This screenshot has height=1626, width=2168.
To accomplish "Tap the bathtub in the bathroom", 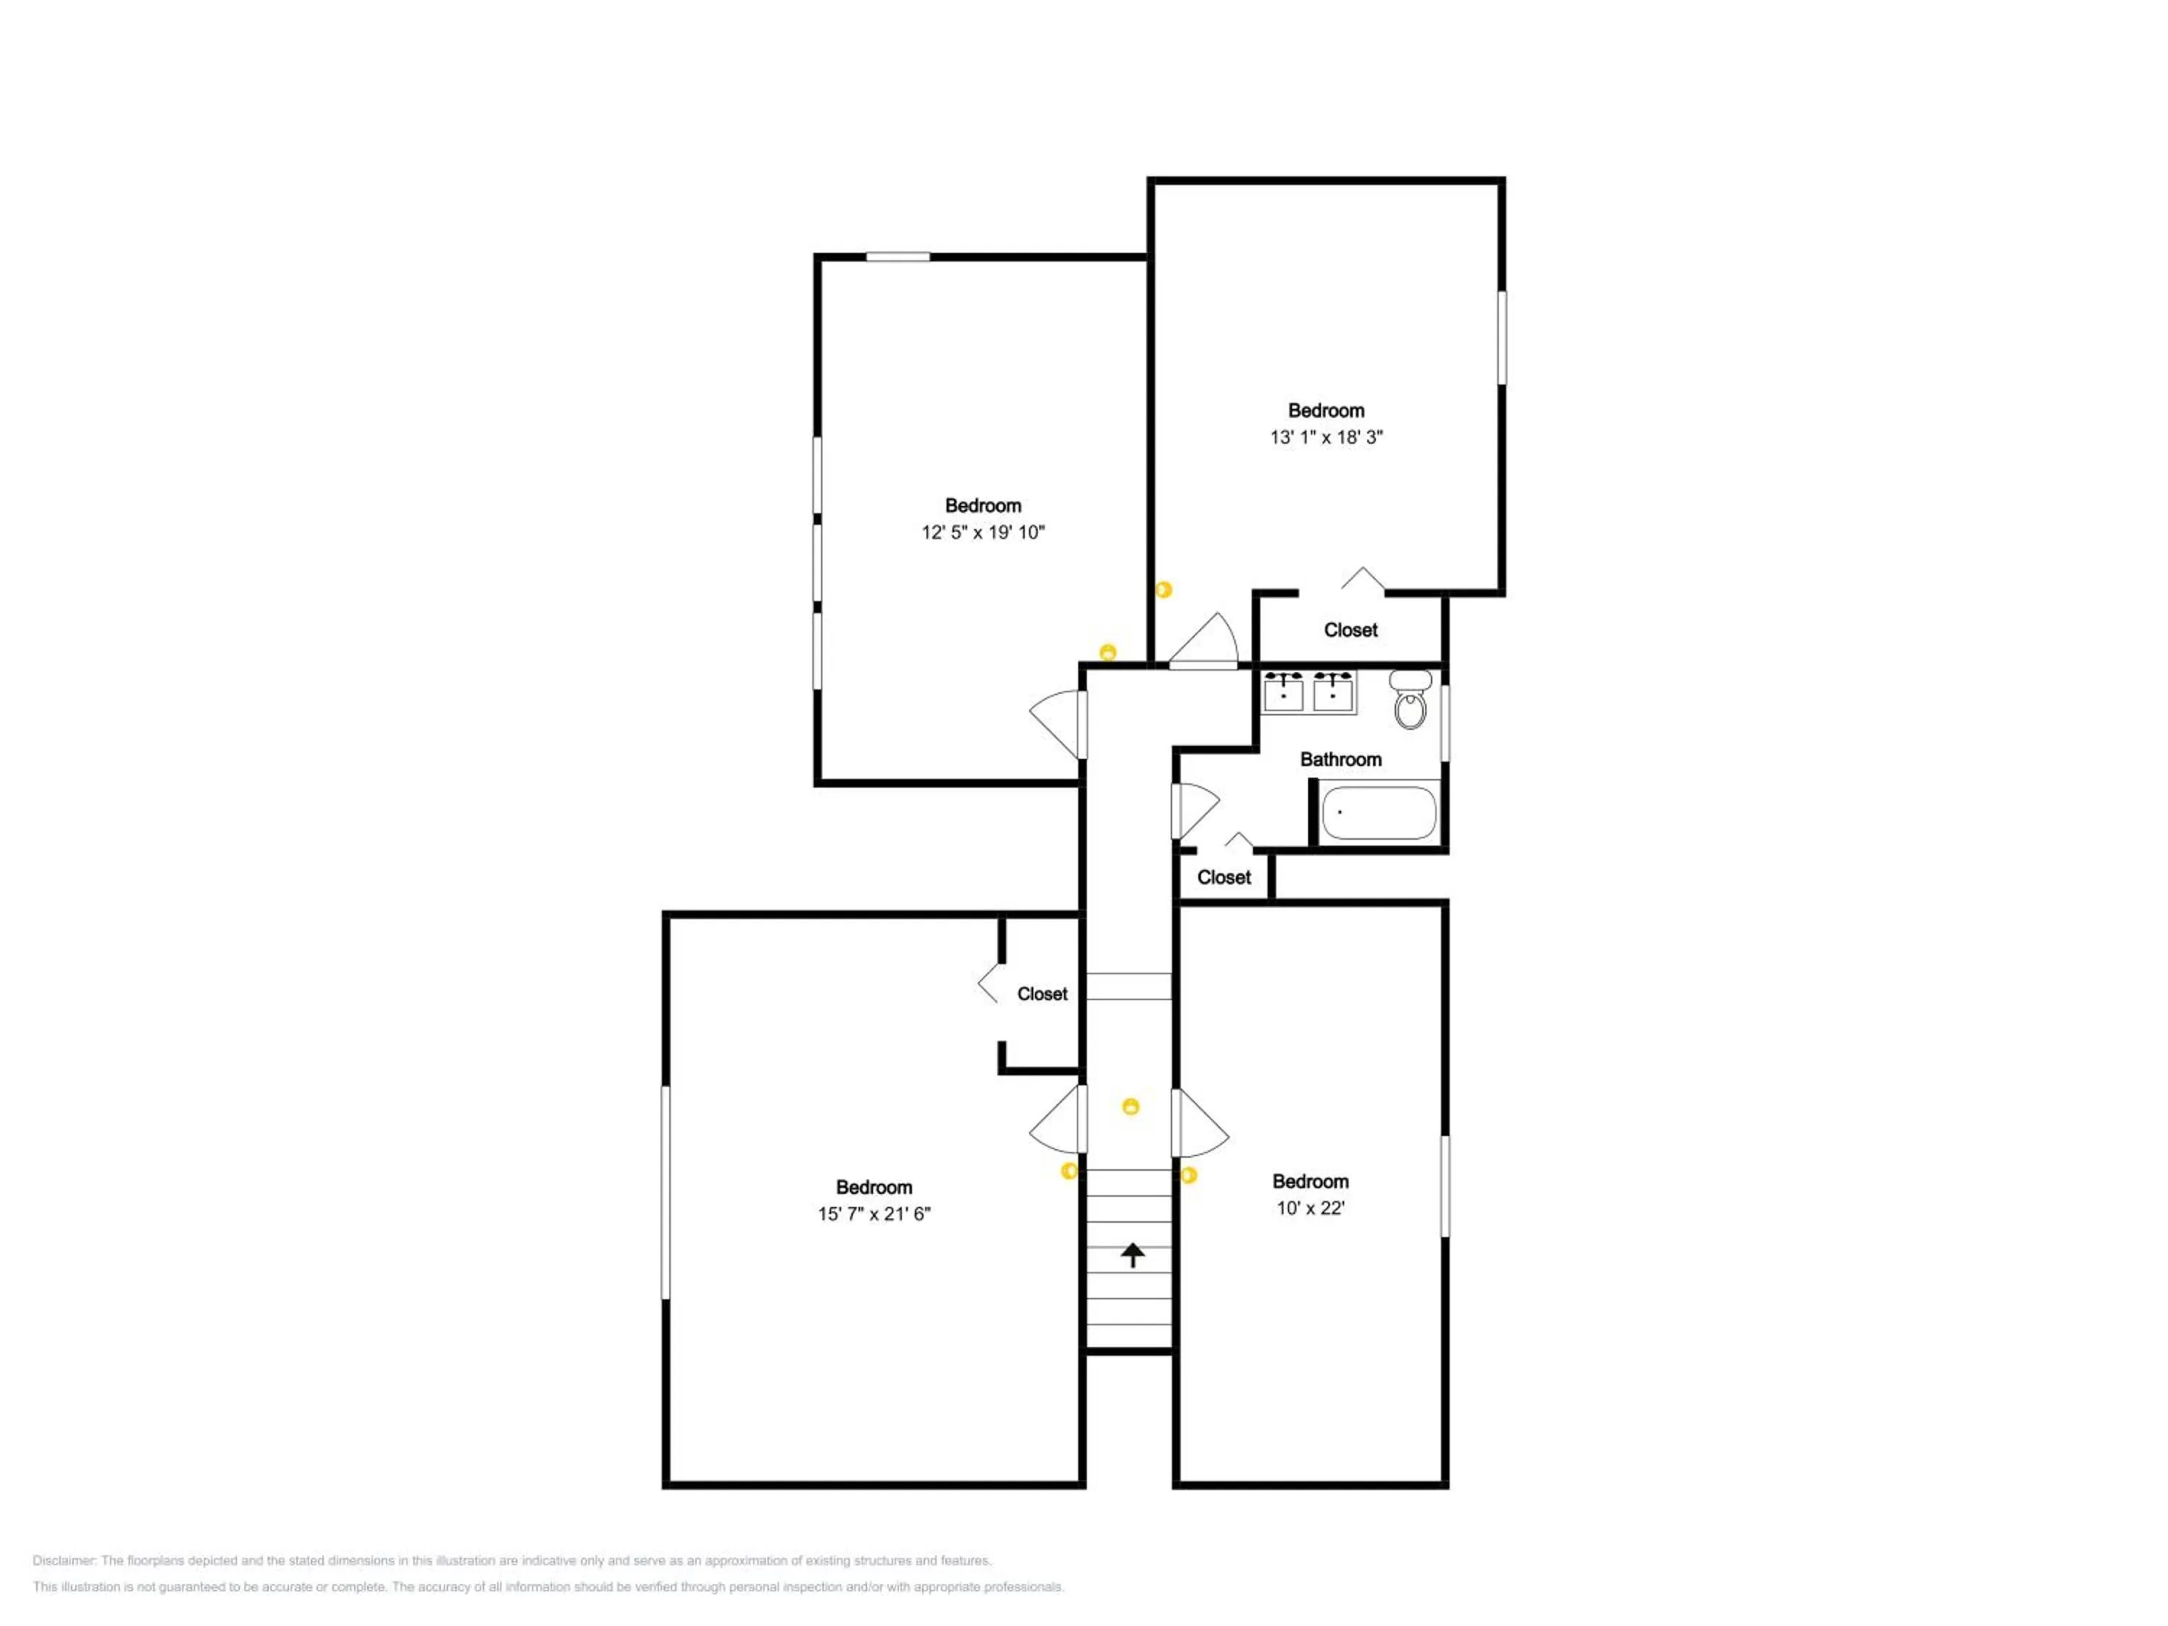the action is pos(1378,812).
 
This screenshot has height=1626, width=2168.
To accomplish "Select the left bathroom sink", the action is pos(1283,693).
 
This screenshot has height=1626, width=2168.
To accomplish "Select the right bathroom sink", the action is pos(1333,693).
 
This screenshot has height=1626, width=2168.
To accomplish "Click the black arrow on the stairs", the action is pos(1133,1255).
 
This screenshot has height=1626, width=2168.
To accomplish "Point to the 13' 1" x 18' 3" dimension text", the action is pos(1326,437).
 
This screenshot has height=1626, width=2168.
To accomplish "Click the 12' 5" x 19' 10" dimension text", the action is pos(983,532).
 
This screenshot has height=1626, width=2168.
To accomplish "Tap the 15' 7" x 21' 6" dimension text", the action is pos(874,1213).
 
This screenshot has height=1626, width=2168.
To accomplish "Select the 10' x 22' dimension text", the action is pos(1310,1208).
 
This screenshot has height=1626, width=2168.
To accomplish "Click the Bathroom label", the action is pos(1341,759).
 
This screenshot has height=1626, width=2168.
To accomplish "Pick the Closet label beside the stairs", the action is pos(1042,994).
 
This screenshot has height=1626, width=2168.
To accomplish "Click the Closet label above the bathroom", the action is pos(1351,630).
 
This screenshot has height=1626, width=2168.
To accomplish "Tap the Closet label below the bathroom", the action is pos(1224,877).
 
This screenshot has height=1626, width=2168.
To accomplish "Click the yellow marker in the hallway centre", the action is pos(1131,1106).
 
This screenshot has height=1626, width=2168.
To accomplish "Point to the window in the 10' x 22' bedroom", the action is pos(1445,1186).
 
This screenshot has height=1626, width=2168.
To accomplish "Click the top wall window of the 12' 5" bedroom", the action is pos(898,257).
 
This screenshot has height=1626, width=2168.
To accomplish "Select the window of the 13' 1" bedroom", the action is pos(1502,337).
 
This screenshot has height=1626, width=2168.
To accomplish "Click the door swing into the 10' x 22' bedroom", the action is pos(1200,1123).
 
